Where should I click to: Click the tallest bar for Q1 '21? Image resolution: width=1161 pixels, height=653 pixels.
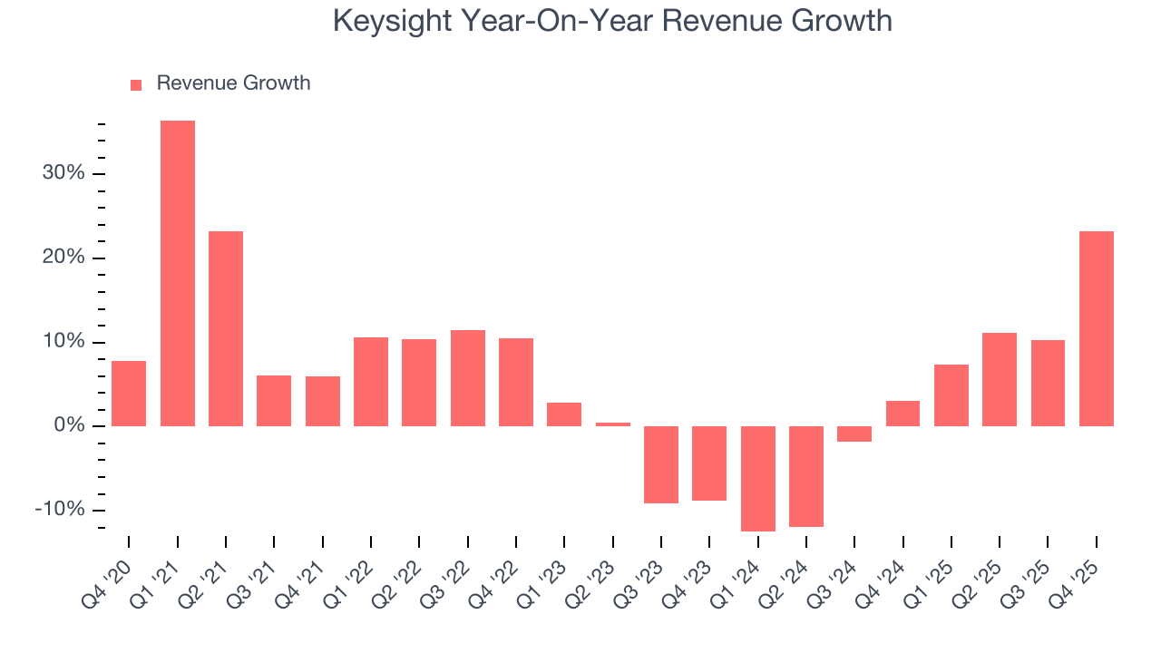pyautogui.click(x=178, y=273)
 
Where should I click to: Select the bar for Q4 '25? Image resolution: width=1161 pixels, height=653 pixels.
pyautogui.click(x=1097, y=328)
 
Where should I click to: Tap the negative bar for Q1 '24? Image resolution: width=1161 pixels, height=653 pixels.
pyautogui.click(x=758, y=478)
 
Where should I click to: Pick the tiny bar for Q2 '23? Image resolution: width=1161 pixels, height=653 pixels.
pyautogui.click(x=613, y=424)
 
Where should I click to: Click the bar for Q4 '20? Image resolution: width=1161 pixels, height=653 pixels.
pyautogui.click(x=129, y=394)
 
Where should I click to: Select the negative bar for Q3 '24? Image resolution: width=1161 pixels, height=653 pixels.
pyautogui.click(x=854, y=434)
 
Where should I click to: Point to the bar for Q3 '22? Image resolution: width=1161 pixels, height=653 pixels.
pyautogui.click(x=468, y=378)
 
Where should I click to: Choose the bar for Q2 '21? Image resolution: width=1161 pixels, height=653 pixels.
pyautogui.click(x=226, y=328)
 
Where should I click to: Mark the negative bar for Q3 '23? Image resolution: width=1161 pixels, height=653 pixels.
pyautogui.click(x=661, y=464)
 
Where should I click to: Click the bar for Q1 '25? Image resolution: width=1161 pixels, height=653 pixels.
pyautogui.click(x=951, y=395)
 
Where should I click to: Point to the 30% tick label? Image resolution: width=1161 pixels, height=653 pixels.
pyautogui.click(x=63, y=173)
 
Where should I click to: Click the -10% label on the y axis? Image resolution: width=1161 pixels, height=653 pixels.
pyautogui.click(x=60, y=510)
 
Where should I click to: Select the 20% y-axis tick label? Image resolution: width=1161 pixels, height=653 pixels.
pyautogui.click(x=63, y=258)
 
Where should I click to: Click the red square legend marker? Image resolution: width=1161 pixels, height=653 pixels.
pyautogui.click(x=136, y=84)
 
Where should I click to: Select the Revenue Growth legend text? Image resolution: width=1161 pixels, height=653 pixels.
pyautogui.click(x=233, y=83)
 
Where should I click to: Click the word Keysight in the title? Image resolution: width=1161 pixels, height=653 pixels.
pyautogui.click(x=393, y=20)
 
